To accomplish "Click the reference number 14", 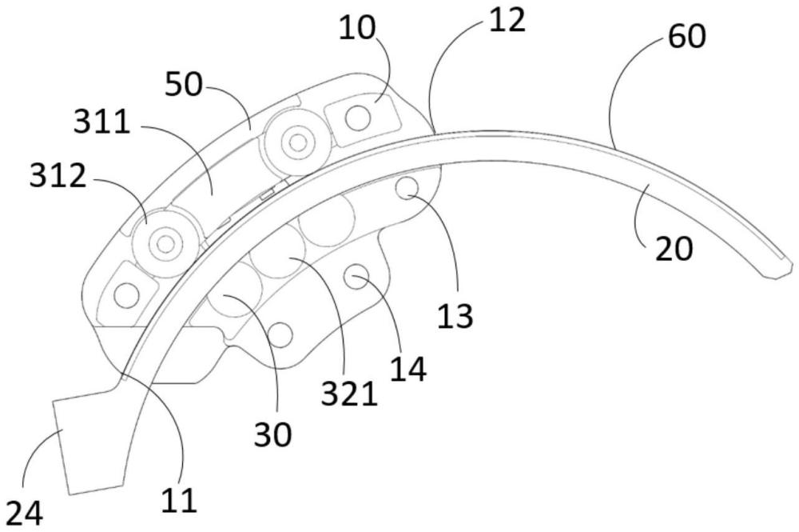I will click(407, 370).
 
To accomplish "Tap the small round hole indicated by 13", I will click(408, 188).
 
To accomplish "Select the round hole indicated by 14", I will click(355, 277).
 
